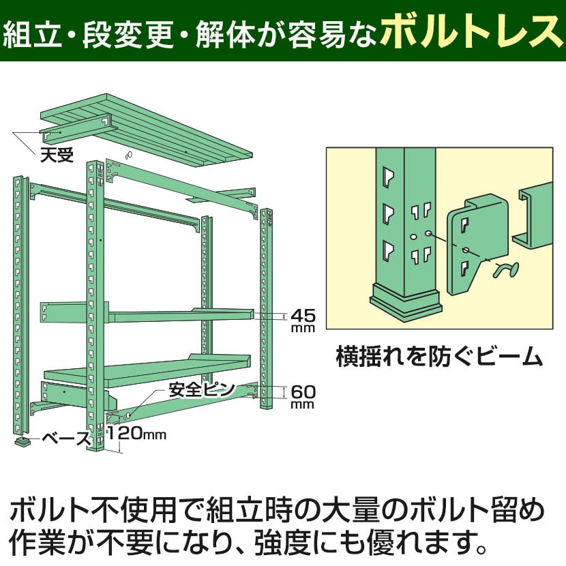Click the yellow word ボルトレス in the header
tap(470, 31)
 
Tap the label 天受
tap(56, 154)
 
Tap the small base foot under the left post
tap(25, 442)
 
